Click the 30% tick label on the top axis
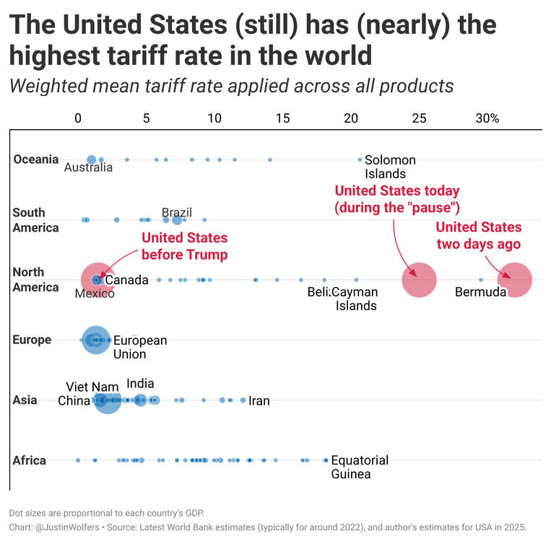click(x=487, y=118)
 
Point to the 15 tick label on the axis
click(x=282, y=118)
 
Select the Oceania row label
click(x=35, y=159)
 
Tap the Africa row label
click(x=29, y=460)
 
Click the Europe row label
click(x=32, y=340)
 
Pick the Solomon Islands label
click(x=390, y=167)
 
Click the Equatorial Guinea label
click(x=360, y=467)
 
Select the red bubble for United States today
click(x=419, y=280)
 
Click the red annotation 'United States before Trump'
click(x=184, y=246)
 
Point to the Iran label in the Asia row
click(x=259, y=400)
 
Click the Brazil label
click(x=177, y=212)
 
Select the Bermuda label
click(x=480, y=292)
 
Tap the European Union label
click(x=140, y=347)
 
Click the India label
click(x=140, y=384)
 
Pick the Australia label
click(x=88, y=167)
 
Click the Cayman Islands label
click(x=355, y=299)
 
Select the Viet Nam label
click(x=92, y=387)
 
